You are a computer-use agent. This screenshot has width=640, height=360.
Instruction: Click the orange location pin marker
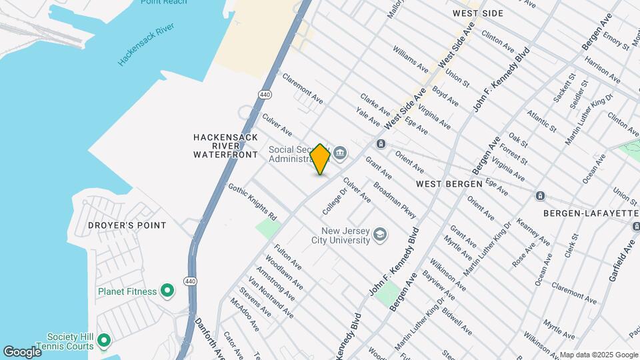coord(320,159)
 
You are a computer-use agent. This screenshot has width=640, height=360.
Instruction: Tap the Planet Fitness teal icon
coord(167,291)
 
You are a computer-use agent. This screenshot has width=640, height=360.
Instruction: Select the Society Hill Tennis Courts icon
coord(103,341)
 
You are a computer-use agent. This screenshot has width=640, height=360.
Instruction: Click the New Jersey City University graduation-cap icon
coord(379,234)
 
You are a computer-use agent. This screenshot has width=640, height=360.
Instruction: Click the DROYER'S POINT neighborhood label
coord(127,225)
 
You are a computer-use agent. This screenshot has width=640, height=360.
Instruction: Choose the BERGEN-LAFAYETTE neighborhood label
coord(585,213)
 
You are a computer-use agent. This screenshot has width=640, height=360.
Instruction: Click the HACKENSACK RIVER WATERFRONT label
coord(225,145)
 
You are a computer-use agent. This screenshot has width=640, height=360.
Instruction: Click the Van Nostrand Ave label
coord(270,297)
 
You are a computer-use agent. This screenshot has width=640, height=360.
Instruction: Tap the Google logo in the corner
coord(22,351)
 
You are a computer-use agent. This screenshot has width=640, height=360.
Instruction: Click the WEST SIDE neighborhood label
coord(477,13)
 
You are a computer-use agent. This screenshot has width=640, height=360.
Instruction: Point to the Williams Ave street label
coord(411,59)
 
